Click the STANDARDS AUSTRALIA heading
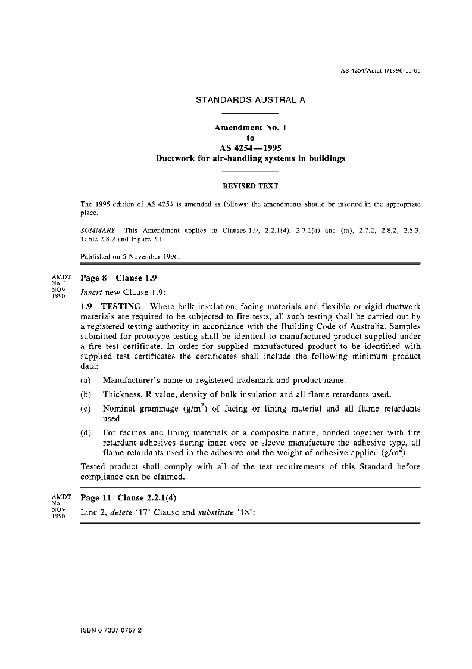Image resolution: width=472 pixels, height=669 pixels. (x=250, y=100)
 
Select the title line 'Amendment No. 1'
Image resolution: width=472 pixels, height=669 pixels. (x=250, y=127)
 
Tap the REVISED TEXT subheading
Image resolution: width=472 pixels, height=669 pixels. (x=250, y=186)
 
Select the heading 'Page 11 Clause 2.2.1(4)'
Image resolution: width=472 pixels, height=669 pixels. (x=129, y=498)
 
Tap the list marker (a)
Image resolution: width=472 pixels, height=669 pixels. (x=86, y=380)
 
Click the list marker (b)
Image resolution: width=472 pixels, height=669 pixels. (x=86, y=394)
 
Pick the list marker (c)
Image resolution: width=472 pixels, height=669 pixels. (x=86, y=409)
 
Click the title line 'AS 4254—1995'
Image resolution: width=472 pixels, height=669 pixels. (x=250, y=148)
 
